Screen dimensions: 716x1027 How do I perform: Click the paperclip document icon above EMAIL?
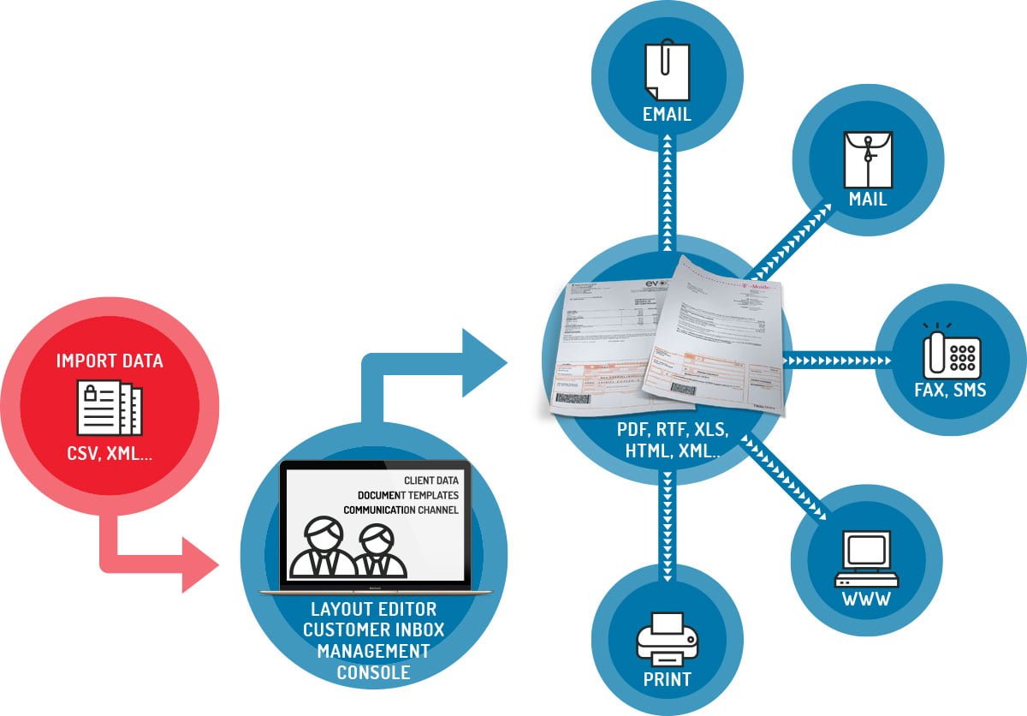[x=666, y=71]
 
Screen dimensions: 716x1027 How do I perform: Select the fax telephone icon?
[x=952, y=351]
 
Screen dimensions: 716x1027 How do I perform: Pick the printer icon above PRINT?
[x=667, y=637]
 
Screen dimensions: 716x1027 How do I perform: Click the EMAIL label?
[x=667, y=114]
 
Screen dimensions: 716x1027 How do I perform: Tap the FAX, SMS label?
[x=950, y=391]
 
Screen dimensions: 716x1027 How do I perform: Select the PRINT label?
[x=667, y=682]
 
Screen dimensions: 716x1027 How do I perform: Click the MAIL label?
[x=868, y=200]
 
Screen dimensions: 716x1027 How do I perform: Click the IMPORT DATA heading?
[x=110, y=361]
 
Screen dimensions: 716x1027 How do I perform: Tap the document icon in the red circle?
[x=110, y=408]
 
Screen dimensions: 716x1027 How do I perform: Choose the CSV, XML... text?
[x=110, y=454]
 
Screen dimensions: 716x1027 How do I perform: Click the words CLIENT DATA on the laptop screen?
[x=430, y=480]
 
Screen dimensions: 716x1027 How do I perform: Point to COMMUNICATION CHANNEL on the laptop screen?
[x=401, y=510]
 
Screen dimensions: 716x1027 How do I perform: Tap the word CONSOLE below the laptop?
[x=373, y=672]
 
